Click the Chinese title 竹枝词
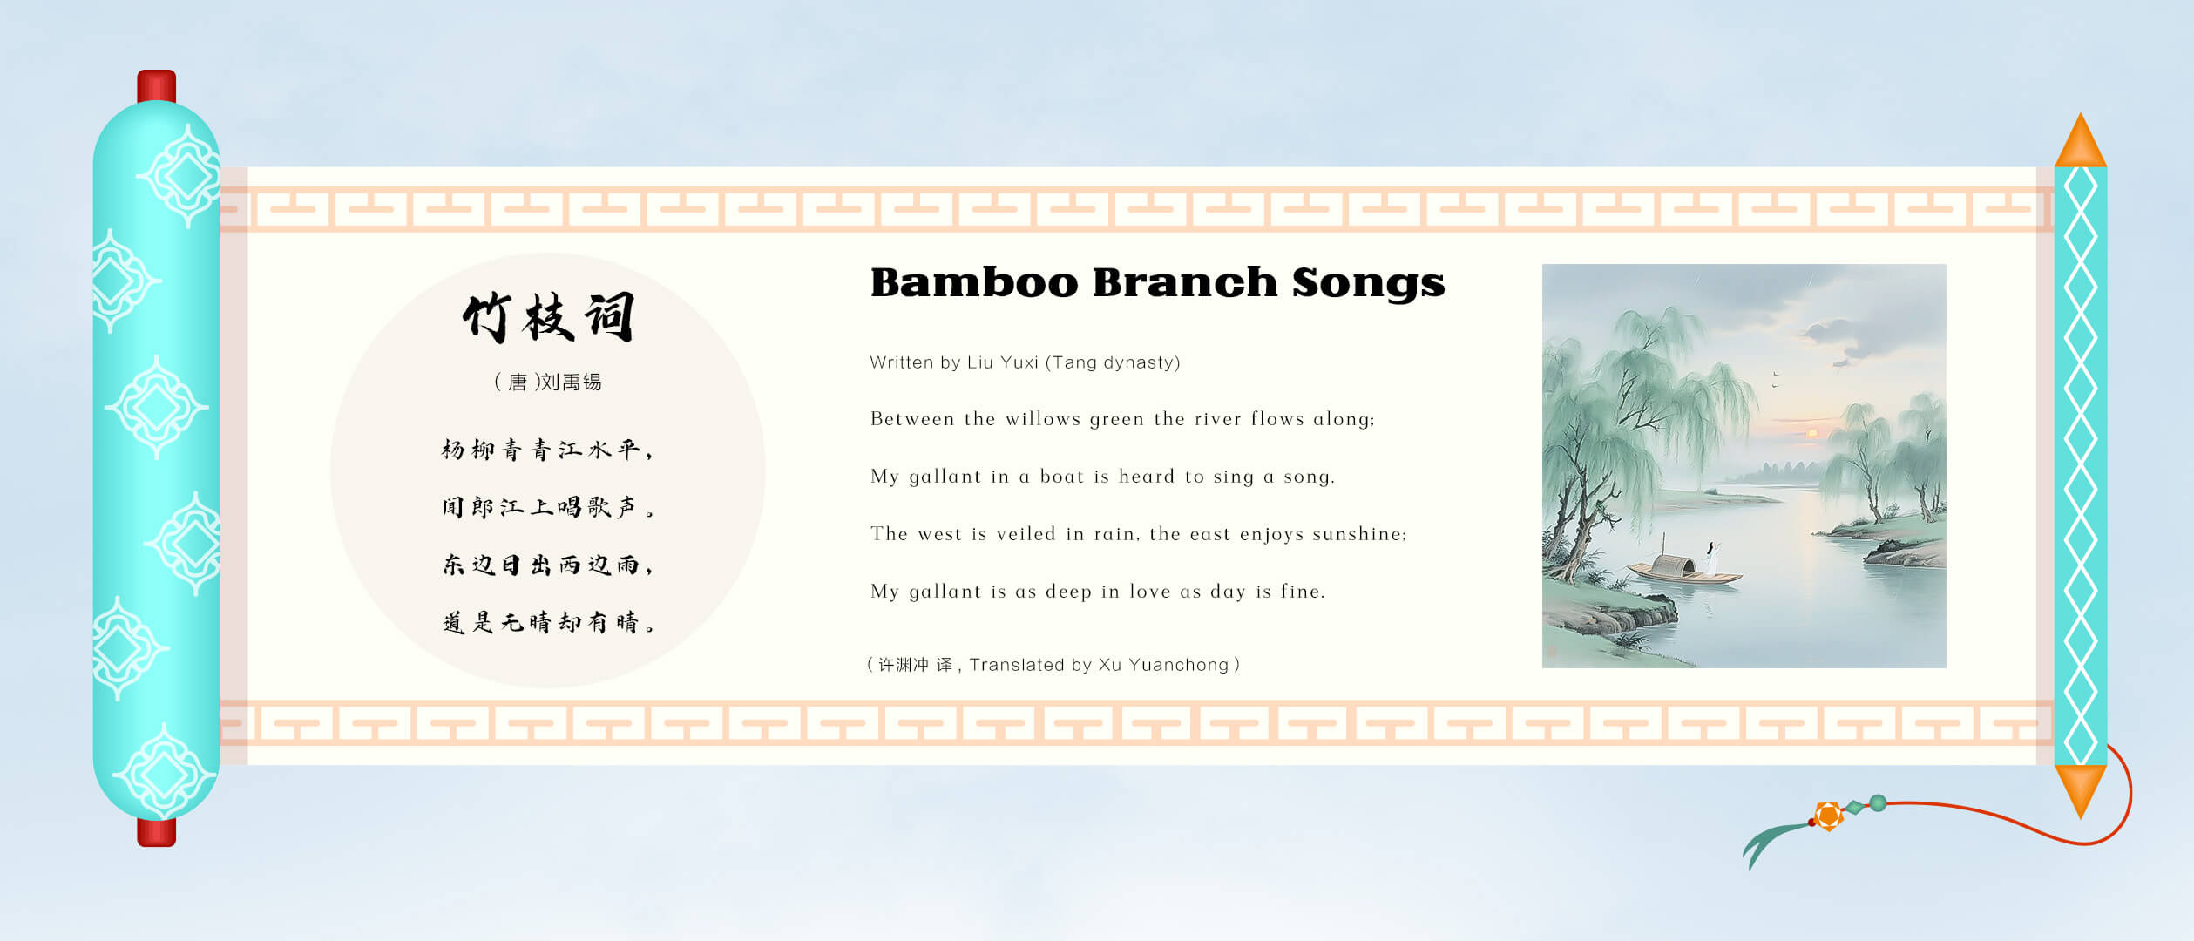pyautogui.click(x=548, y=317)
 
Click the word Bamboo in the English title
pyautogui.click(x=974, y=283)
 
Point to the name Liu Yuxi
pyautogui.click(x=1003, y=362)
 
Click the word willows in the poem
pyautogui.click(x=1043, y=419)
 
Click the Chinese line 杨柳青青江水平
pyautogui.click(x=547, y=450)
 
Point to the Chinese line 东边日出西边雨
pyautogui.click(x=547, y=565)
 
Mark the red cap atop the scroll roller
pyautogui.click(x=157, y=85)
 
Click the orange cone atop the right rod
pyautogui.click(x=2081, y=140)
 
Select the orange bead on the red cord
pyautogui.click(x=1828, y=816)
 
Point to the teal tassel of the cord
pyautogui.click(x=1773, y=841)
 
